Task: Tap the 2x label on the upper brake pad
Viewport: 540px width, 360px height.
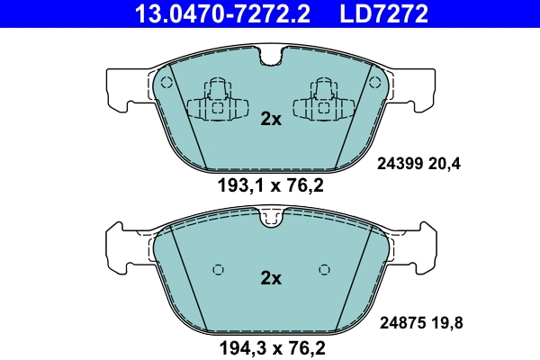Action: pos(270,119)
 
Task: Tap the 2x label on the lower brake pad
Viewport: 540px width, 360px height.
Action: pos(270,278)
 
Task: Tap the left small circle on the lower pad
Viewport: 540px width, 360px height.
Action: pos(216,269)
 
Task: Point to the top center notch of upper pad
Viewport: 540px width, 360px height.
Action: pos(270,58)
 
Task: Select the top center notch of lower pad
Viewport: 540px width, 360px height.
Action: pos(270,217)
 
